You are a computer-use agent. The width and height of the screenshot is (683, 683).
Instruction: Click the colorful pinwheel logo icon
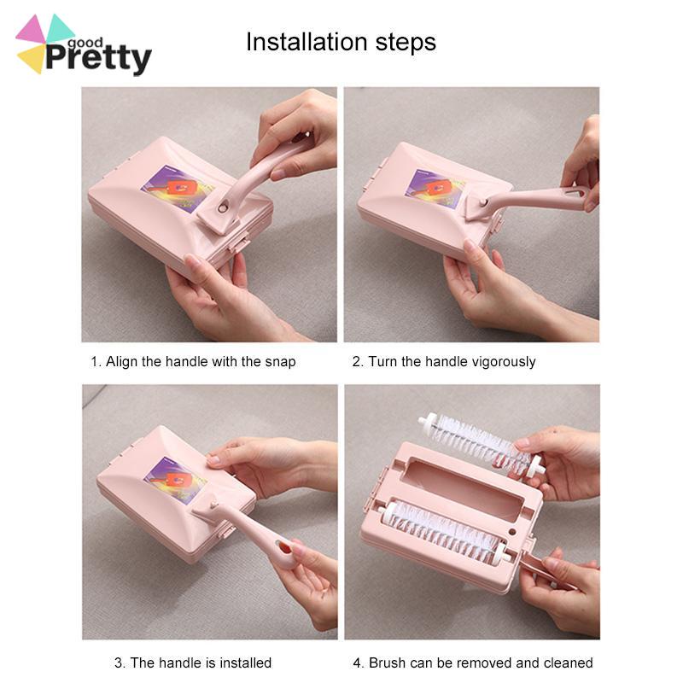click(43, 43)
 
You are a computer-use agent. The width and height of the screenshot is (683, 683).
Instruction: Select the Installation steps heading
click(341, 42)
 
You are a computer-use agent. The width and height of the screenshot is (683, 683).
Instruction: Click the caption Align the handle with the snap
click(193, 361)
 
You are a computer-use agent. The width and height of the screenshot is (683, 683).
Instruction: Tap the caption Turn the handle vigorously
click(444, 361)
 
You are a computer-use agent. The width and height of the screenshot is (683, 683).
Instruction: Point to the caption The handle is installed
click(193, 663)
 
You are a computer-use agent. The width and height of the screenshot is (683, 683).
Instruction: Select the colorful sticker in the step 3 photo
click(175, 480)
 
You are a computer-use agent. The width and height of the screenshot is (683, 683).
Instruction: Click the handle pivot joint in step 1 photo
click(224, 207)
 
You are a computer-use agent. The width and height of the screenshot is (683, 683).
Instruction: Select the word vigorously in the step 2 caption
click(501, 361)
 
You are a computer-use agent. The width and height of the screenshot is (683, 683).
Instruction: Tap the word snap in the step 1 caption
click(281, 361)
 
